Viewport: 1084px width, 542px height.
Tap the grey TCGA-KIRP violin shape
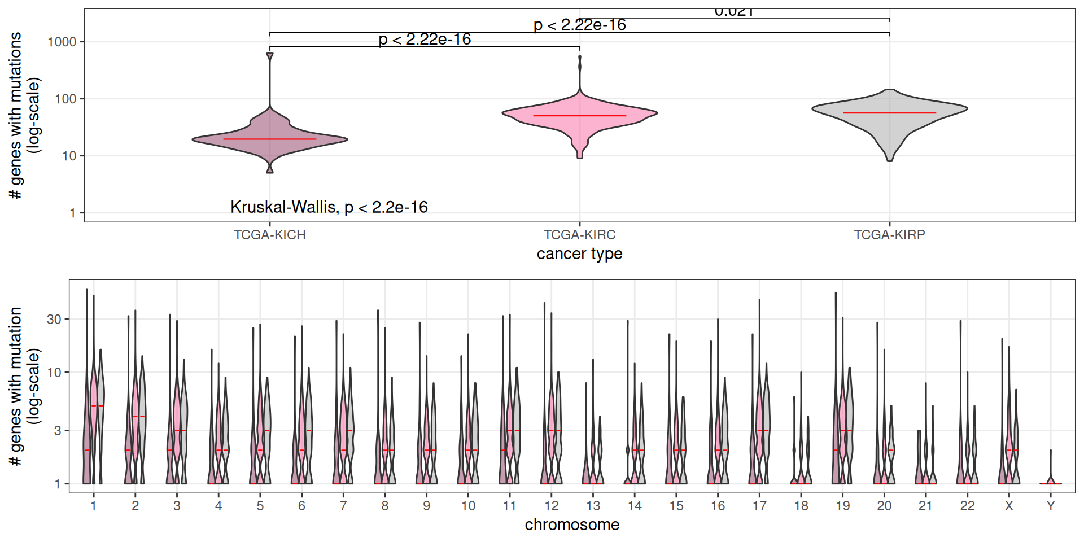pyautogui.click(x=889, y=121)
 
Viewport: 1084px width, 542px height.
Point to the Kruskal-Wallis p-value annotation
pyautogui.click(x=329, y=207)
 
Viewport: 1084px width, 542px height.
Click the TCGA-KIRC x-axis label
pyautogui.click(x=580, y=235)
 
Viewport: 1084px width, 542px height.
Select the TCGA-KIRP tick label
pyautogui.click(x=889, y=235)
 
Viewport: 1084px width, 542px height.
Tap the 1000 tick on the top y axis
pyautogui.click(x=62, y=42)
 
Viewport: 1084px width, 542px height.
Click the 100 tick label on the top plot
pyautogui.click(x=65, y=99)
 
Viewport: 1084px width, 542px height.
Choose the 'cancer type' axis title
pyautogui.click(x=580, y=254)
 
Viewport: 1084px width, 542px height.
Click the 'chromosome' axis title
pyautogui.click(x=572, y=525)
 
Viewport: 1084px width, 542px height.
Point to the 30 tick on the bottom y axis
pyautogui.click(x=54, y=320)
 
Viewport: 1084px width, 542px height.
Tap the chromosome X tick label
pyautogui.click(x=1009, y=506)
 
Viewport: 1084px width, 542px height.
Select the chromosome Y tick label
pyautogui.click(x=1051, y=506)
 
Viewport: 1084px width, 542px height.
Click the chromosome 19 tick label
pyautogui.click(x=842, y=506)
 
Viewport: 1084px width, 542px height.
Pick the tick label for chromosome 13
pyautogui.click(x=593, y=506)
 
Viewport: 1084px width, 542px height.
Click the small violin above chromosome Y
pyautogui.click(x=1051, y=481)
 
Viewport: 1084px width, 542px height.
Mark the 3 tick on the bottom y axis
pyautogui.click(x=58, y=431)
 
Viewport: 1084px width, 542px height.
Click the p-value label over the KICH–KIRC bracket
pyautogui.click(x=425, y=40)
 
